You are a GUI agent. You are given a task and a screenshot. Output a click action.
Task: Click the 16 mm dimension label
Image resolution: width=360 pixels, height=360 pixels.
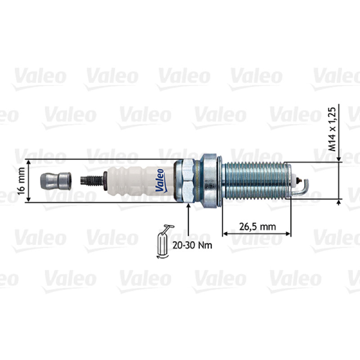(21, 181)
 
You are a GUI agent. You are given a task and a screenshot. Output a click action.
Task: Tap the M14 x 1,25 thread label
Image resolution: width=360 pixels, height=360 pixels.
(332, 129)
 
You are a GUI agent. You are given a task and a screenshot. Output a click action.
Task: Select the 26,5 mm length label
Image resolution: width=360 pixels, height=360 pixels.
(257, 227)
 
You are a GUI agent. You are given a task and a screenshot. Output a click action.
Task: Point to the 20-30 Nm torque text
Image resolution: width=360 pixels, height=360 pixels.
(192, 245)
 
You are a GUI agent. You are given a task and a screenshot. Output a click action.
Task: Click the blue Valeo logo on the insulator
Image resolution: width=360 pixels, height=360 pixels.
(160, 181)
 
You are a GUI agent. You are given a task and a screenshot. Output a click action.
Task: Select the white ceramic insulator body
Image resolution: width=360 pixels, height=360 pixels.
(140, 181)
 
